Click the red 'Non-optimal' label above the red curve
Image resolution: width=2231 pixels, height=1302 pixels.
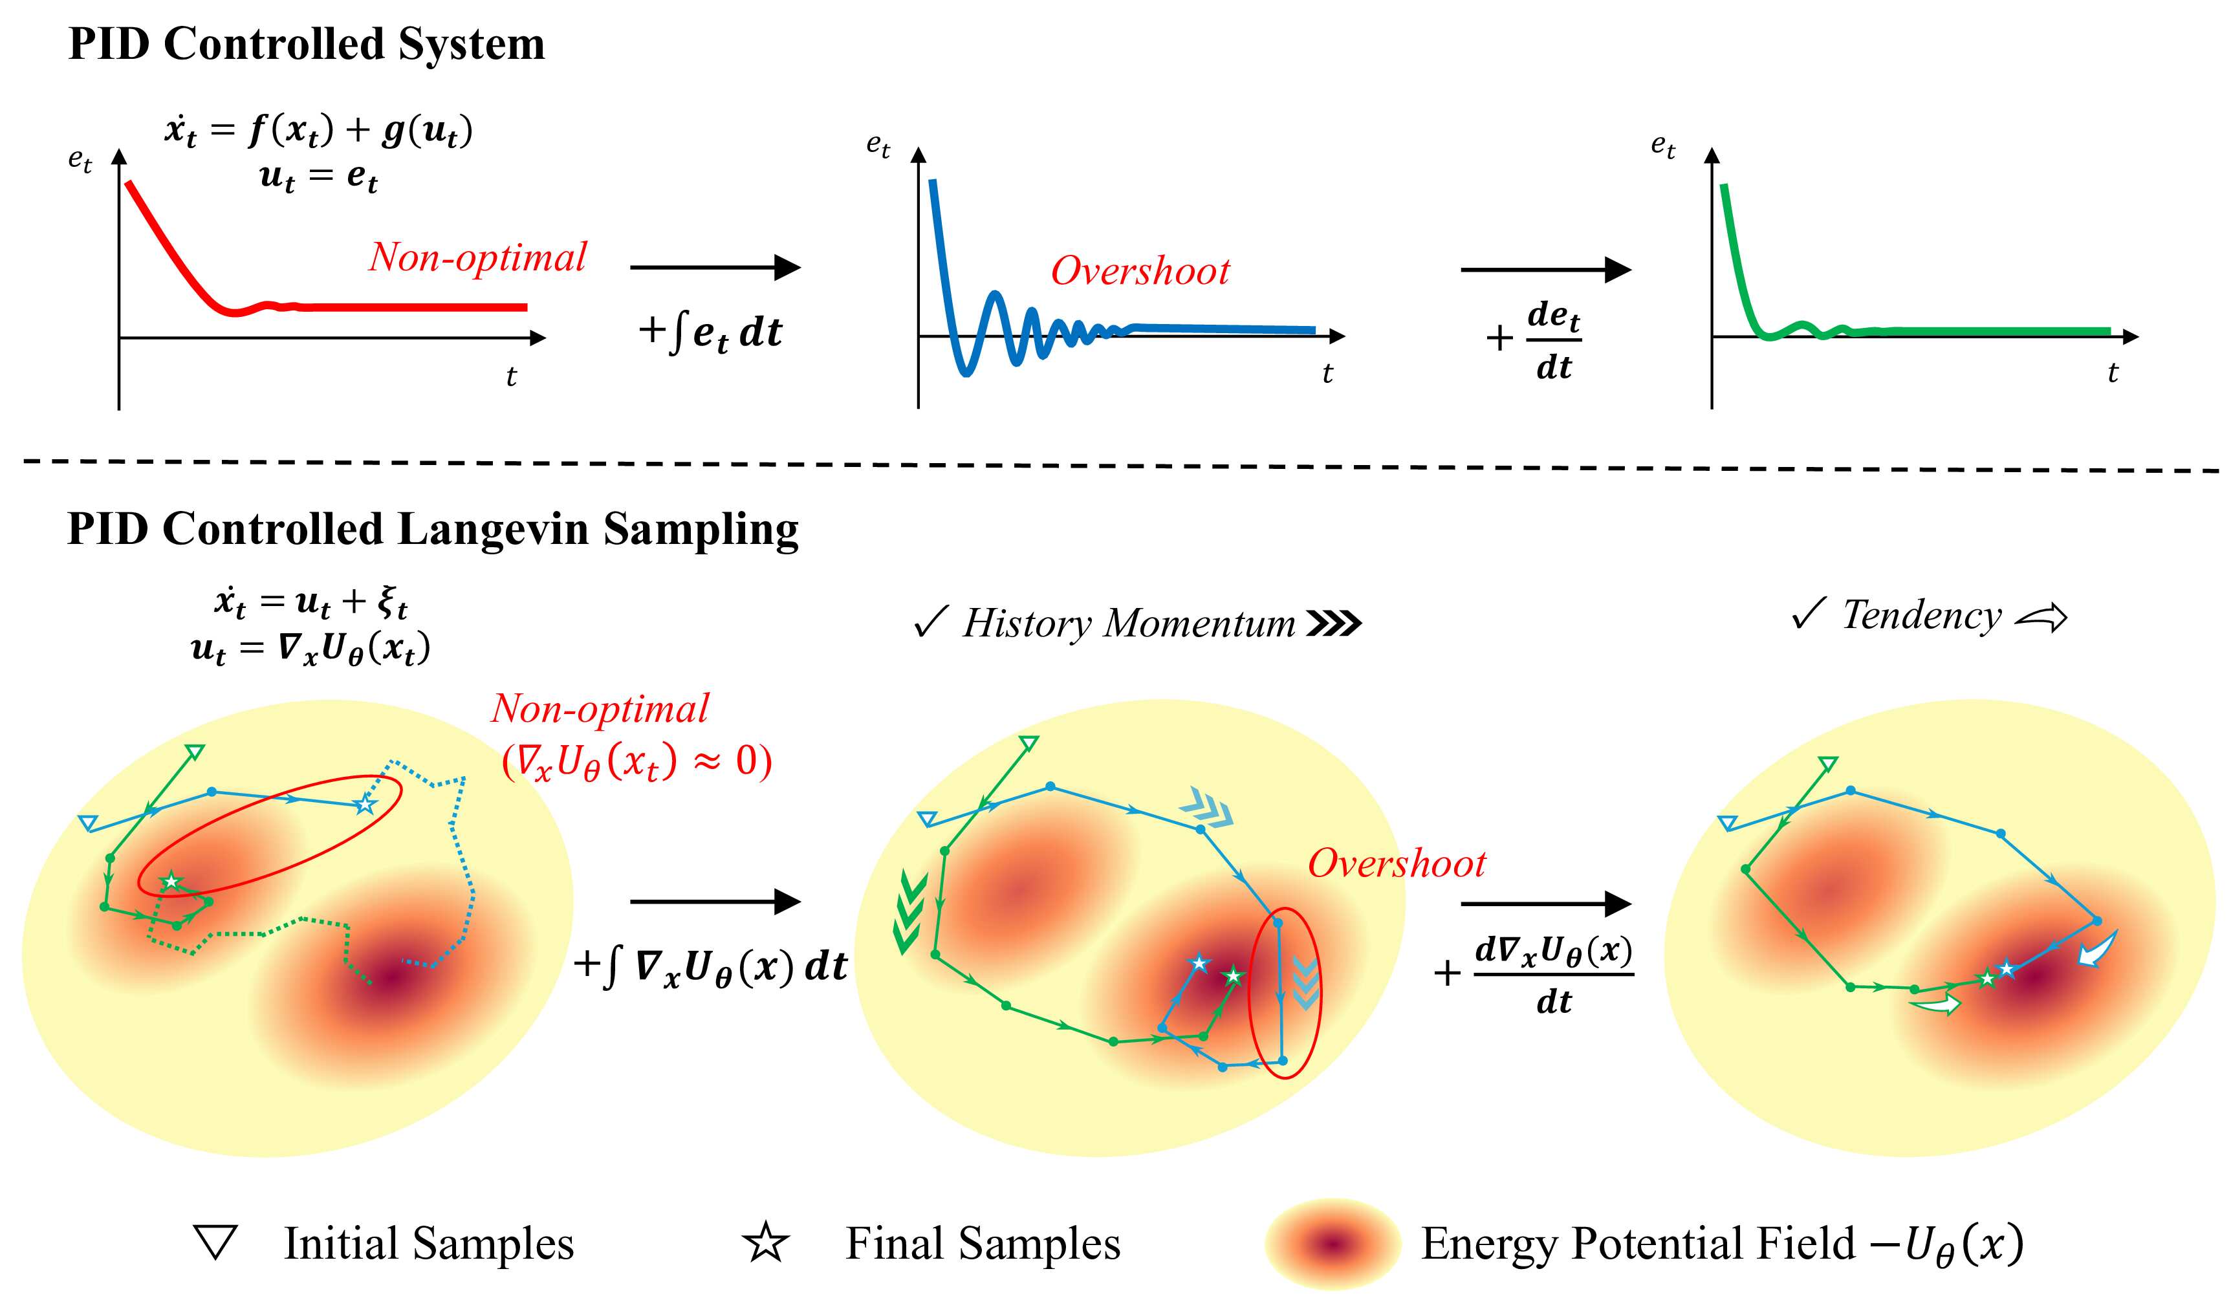click(477, 257)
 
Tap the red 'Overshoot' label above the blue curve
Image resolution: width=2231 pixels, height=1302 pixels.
click(1140, 271)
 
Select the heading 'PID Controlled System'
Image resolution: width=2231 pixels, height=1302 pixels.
click(307, 44)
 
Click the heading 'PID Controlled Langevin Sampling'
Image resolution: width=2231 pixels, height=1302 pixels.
click(433, 529)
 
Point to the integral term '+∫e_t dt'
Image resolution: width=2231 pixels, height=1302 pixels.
click(710, 332)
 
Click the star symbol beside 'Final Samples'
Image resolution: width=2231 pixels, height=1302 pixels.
click(766, 1242)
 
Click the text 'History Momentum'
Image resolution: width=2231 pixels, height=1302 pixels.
click(1129, 623)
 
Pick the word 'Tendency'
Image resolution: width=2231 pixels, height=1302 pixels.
click(1921, 615)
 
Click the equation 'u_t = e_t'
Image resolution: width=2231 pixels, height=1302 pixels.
click(319, 177)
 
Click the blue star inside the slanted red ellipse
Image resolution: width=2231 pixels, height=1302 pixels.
click(365, 805)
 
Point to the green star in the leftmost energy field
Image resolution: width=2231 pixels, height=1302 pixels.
click(170, 881)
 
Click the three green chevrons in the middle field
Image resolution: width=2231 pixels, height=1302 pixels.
click(910, 912)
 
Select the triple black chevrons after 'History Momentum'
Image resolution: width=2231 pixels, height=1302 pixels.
click(1334, 624)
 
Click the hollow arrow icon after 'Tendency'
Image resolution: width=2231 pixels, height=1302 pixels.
click(2041, 617)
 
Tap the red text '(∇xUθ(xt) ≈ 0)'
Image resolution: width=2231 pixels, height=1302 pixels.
click(637, 761)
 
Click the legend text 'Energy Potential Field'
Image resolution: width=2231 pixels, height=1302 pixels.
click(1638, 1242)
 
